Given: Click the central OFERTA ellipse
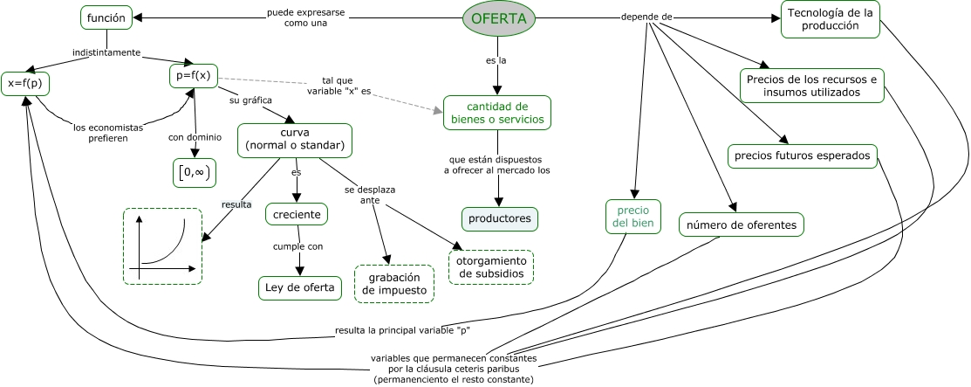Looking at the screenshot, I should click(x=498, y=18).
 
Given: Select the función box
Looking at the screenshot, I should click(x=106, y=17).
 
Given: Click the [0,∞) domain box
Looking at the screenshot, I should click(x=193, y=172).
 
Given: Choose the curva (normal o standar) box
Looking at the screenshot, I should click(x=295, y=139).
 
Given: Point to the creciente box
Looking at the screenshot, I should click(x=297, y=214).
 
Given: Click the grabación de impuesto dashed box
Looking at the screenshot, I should click(x=394, y=284).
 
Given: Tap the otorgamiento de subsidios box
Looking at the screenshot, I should click(x=490, y=267).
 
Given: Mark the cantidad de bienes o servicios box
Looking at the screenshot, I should click(x=497, y=113).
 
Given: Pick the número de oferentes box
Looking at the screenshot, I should click(x=742, y=225).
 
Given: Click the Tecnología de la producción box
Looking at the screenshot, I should click(x=830, y=19).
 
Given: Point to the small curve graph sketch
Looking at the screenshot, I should click(x=163, y=245).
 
